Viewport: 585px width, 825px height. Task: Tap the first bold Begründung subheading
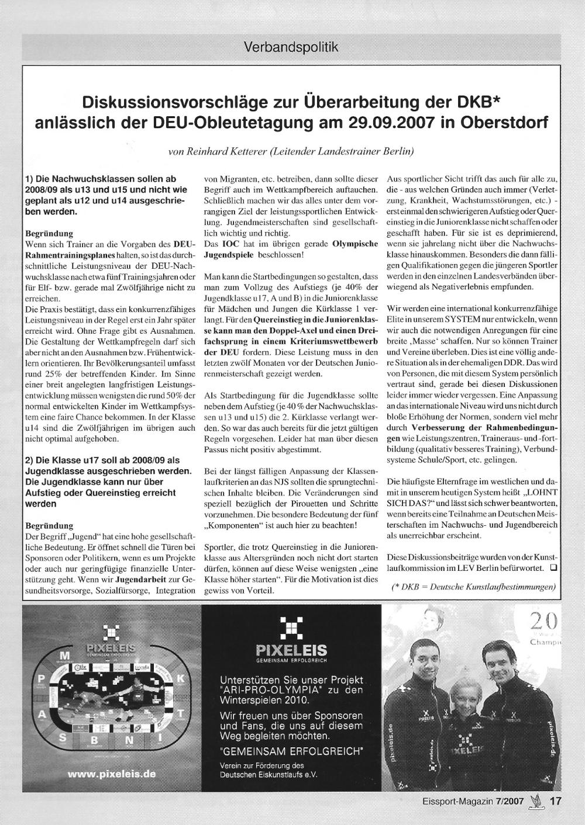[50, 233]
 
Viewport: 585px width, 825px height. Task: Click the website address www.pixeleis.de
[112, 774]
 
